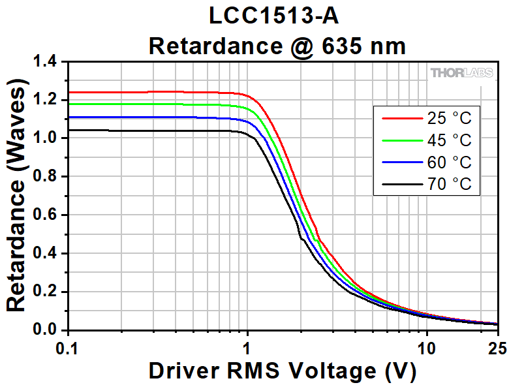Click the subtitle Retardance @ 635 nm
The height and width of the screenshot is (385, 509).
(277, 46)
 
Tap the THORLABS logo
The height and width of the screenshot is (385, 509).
(461, 72)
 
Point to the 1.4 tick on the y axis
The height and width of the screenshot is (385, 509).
(48, 63)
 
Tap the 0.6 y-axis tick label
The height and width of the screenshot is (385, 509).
(48, 215)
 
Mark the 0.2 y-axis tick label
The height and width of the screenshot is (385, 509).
(48, 292)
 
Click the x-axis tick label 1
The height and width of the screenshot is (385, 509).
(247, 346)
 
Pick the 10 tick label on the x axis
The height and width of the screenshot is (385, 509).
(427, 346)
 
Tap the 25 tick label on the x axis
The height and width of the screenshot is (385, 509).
(497, 346)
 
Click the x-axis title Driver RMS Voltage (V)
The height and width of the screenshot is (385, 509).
(282, 370)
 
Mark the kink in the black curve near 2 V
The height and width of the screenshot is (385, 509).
(301, 239)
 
